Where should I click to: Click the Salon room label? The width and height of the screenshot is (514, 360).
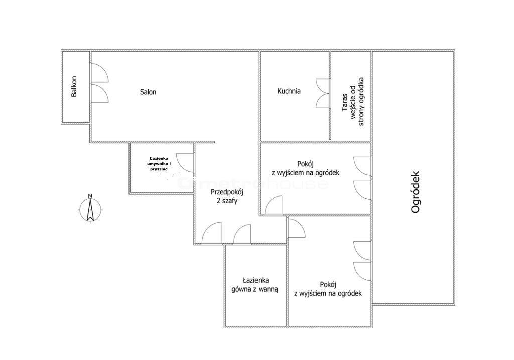(148, 92)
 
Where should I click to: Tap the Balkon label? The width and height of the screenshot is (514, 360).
(74, 86)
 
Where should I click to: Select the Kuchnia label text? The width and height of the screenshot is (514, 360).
(289, 91)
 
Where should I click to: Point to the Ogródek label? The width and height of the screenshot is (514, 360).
(415, 192)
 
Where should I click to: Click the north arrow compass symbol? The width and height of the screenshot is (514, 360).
(90, 210)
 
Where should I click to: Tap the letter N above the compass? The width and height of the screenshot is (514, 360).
(90, 196)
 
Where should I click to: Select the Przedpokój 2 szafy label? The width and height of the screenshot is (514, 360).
(227, 196)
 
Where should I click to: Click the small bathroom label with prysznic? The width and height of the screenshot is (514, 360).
(159, 164)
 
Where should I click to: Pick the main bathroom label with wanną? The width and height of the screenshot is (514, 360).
(254, 285)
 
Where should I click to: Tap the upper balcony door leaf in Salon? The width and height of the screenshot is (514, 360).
(99, 73)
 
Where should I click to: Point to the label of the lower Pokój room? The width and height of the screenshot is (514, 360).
(328, 289)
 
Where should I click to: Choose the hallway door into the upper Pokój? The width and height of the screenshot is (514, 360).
(274, 205)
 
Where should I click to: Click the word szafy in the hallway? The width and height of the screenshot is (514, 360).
(230, 201)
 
